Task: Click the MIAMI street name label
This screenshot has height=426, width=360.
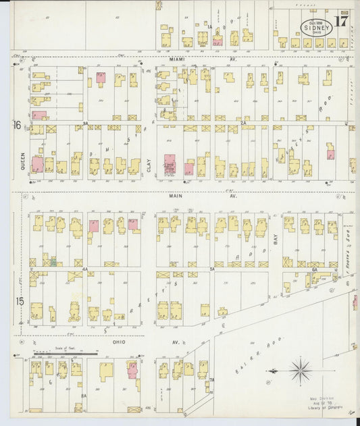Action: pos(177,59)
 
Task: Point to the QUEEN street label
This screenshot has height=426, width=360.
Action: pos(22,159)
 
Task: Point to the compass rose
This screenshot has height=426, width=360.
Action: pos(299,370)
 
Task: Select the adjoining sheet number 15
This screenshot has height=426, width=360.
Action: pos(20,300)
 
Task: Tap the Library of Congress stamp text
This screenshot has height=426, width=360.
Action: pos(317,407)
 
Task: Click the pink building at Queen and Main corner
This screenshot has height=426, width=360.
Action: pos(37,164)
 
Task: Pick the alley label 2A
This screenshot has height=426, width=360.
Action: pos(242,124)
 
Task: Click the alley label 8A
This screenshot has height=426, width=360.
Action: pos(84,396)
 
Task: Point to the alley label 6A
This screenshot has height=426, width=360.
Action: pos(314,269)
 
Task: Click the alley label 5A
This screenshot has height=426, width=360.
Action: pos(211,269)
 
